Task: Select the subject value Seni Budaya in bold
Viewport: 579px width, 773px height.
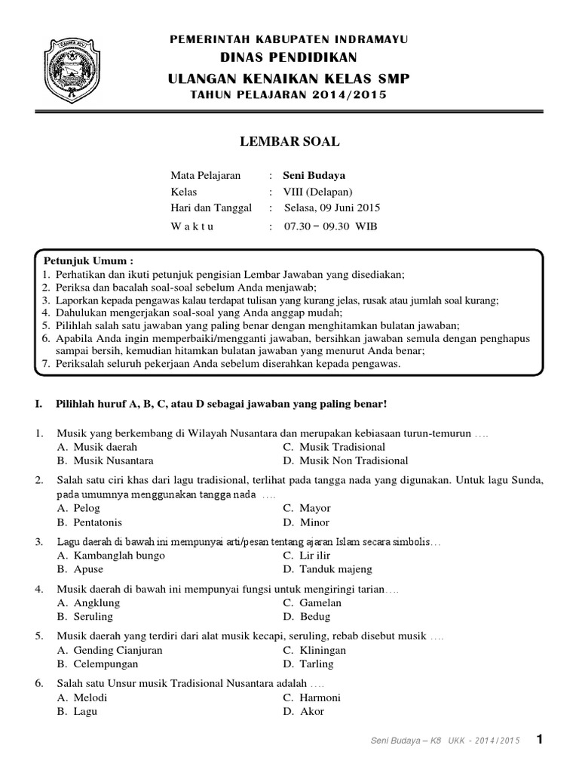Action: click(314, 175)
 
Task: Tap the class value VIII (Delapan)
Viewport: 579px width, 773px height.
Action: click(317, 192)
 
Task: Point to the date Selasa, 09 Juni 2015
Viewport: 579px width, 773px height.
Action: click(332, 208)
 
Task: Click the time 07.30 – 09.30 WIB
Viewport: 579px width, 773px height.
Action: click(329, 226)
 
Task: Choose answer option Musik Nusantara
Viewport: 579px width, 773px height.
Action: click(114, 460)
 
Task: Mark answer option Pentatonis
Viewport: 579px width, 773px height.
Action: click(98, 522)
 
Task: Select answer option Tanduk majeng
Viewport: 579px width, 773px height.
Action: click(335, 569)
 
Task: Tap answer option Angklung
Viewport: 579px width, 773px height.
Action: click(96, 602)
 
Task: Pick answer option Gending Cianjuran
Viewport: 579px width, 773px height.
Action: click(118, 650)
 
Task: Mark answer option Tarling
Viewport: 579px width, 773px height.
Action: click(316, 664)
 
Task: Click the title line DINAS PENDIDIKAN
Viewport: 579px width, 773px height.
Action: click(289, 58)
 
